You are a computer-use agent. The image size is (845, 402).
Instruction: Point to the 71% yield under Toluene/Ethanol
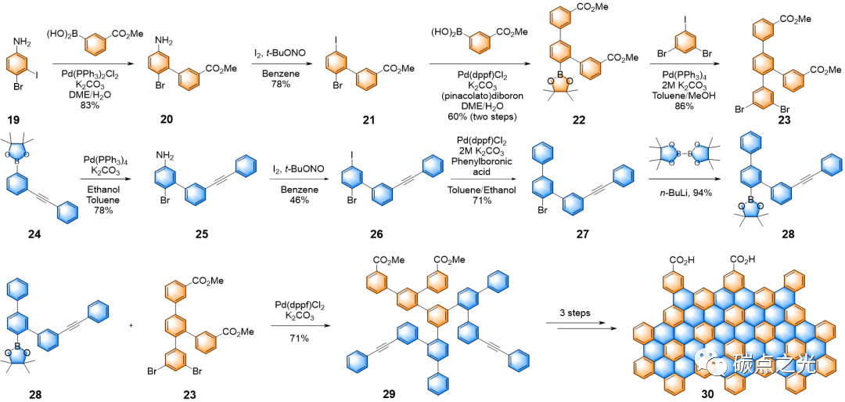[x=480, y=201]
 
